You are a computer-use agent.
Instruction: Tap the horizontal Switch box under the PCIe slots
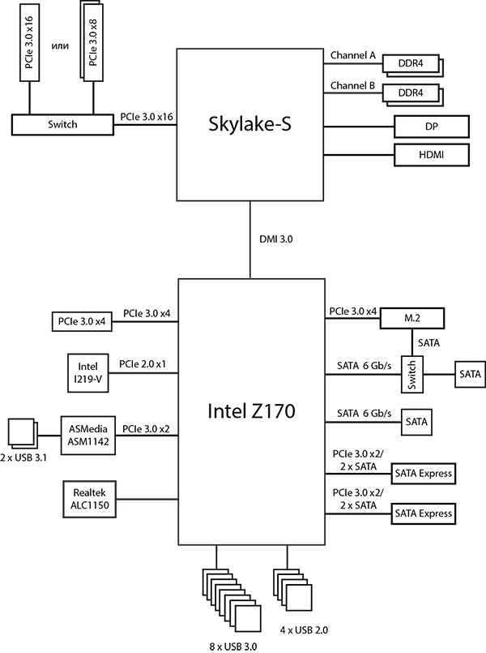62,124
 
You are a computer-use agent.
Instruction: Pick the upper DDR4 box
410,64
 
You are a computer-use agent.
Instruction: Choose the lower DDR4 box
410,94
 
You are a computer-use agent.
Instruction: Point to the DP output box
432,127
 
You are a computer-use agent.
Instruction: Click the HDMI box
432,155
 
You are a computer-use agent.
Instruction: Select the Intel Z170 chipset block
251,411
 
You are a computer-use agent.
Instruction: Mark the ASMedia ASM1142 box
88,435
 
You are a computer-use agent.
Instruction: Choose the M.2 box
411,318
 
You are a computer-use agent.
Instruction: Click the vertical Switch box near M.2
411,375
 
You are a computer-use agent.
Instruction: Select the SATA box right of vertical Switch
469,376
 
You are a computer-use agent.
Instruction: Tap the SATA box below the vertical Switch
416,422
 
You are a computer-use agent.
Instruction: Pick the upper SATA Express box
423,474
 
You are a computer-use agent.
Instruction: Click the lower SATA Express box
423,513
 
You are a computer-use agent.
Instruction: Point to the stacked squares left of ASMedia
22,433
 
